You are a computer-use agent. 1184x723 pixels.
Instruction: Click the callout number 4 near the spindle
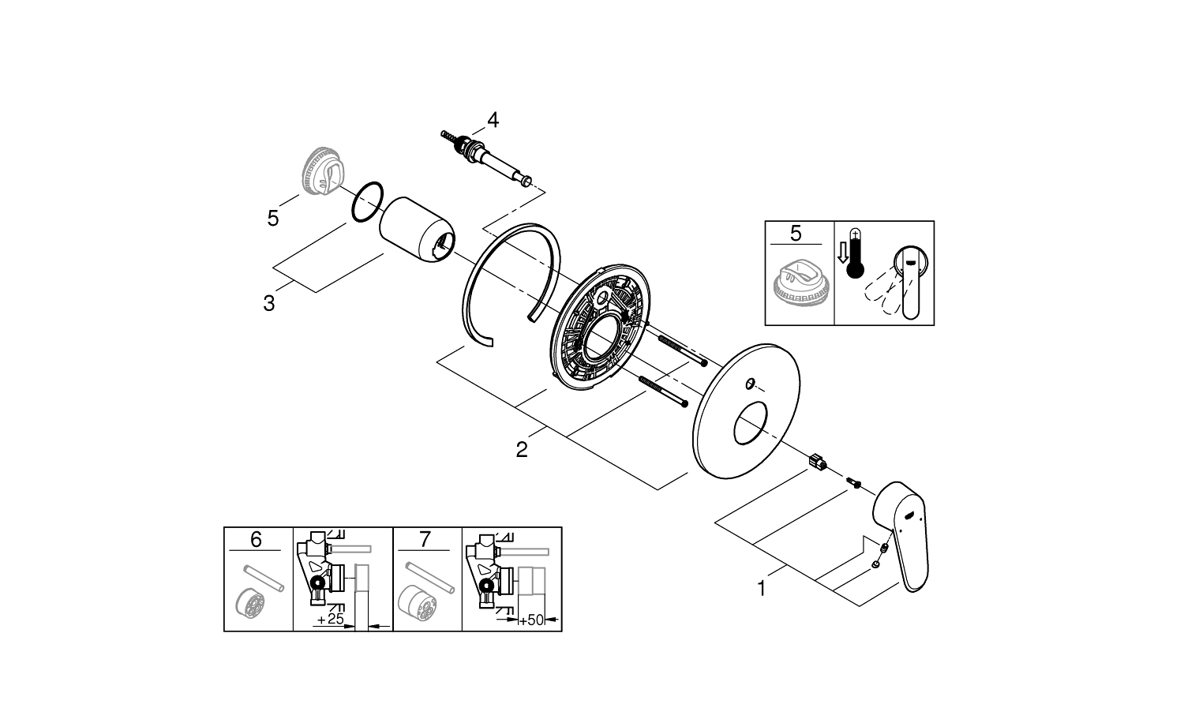click(493, 120)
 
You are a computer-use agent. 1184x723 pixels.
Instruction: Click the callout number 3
click(269, 302)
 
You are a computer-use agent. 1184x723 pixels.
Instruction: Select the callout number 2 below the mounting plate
click(521, 450)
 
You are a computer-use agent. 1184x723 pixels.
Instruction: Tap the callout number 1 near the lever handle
click(762, 588)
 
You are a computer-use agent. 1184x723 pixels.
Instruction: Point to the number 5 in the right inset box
click(795, 233)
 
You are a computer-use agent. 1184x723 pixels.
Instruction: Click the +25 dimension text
click(330, 620)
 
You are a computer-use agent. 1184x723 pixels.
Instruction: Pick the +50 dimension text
click(533, 620)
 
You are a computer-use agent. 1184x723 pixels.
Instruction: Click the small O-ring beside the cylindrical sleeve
click(366, 203)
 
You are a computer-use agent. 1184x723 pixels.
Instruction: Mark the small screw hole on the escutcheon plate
click(750, 384)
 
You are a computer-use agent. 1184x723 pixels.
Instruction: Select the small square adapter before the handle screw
click(817, 460)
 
